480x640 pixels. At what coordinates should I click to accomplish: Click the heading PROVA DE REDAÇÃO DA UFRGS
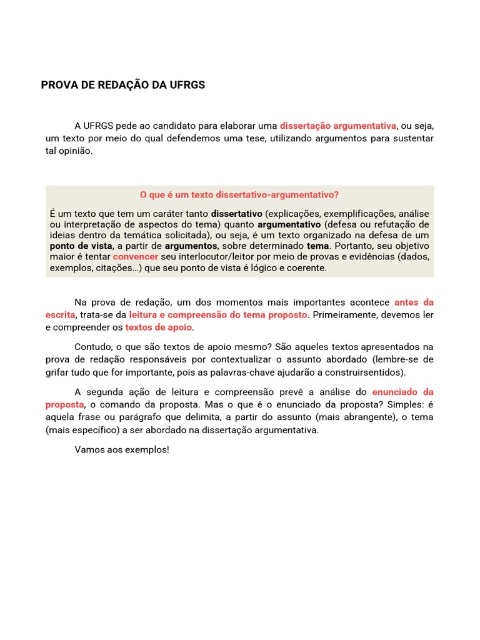click(122, 85)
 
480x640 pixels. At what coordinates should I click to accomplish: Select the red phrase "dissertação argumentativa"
click(338, 125)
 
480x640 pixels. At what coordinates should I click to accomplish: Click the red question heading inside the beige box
click(239, 195)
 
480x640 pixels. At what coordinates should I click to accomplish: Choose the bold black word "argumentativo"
click(289, 224)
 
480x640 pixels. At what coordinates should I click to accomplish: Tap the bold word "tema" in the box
click(317, 246)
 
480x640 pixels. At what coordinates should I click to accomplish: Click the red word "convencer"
click(136, 257)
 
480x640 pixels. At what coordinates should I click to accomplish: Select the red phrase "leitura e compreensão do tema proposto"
click(218, 314)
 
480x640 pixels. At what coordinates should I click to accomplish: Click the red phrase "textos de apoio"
click(159, 327)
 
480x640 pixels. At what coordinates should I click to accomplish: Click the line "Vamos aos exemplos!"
click(122, 449)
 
